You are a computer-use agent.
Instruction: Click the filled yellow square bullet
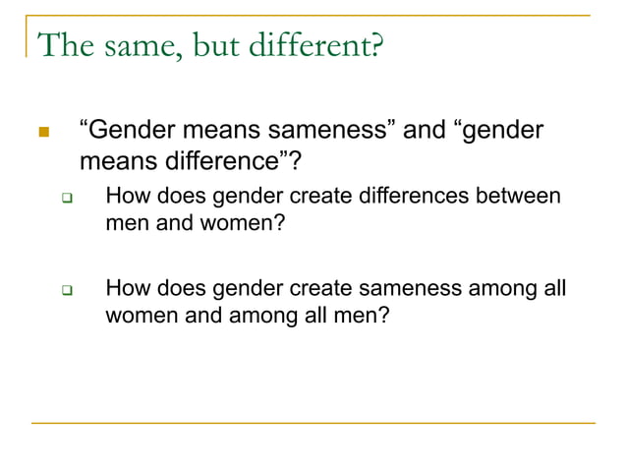(x=42, y=131)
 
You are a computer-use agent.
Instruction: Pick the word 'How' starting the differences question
(x=126, y=196)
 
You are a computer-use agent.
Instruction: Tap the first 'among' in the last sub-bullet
(x=505, y=289)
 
